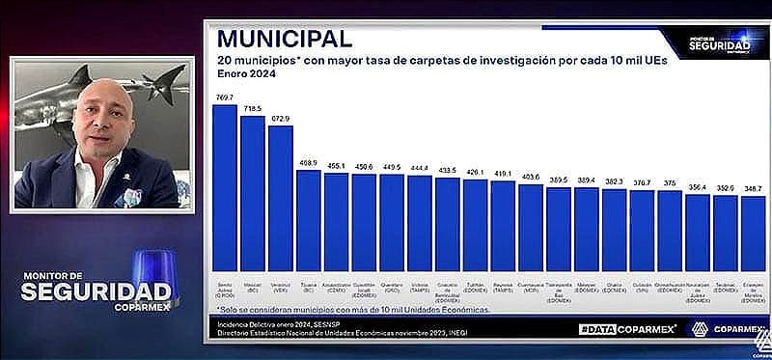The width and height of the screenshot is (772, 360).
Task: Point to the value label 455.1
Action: pyautogui.click(x=337, y=166)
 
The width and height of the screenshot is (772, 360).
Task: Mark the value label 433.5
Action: pyautogui.click(x=448, y=170)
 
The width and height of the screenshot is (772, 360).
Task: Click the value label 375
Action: pyautogui.click(x=670, y=182)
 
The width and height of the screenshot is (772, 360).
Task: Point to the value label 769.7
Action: pyautogui.click(x=225, y=97)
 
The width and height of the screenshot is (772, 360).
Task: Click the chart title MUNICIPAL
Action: pyautogui.click(x=284, y=39)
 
